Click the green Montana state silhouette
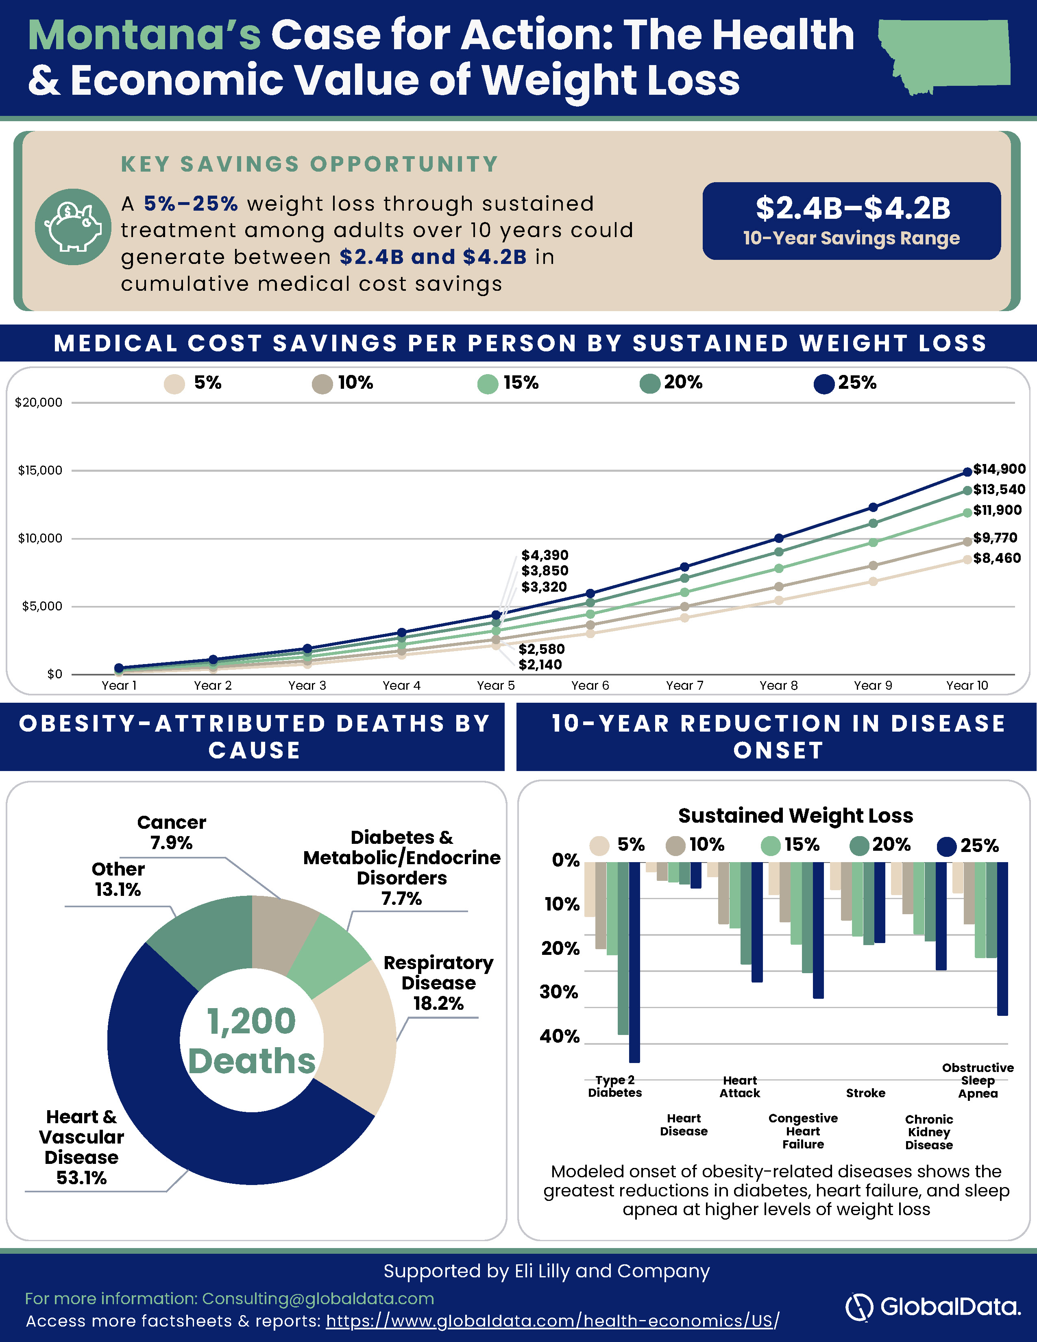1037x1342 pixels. click(946, 55)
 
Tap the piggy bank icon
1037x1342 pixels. click(73, 227)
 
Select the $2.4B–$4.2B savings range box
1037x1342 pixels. click(852, 220)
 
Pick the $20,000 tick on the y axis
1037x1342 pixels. click(39, 403)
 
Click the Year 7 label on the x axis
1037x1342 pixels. click(684, 685)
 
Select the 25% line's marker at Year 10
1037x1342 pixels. click(967, 472)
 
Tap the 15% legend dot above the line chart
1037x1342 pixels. click(488, 384)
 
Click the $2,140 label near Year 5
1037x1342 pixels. click(540, 664)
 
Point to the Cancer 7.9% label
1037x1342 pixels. click(171, 832)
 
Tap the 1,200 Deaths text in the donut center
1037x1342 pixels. click(252, 1040)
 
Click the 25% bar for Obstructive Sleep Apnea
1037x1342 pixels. click(1002, 938)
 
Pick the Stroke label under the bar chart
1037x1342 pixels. click(866, 1093)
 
